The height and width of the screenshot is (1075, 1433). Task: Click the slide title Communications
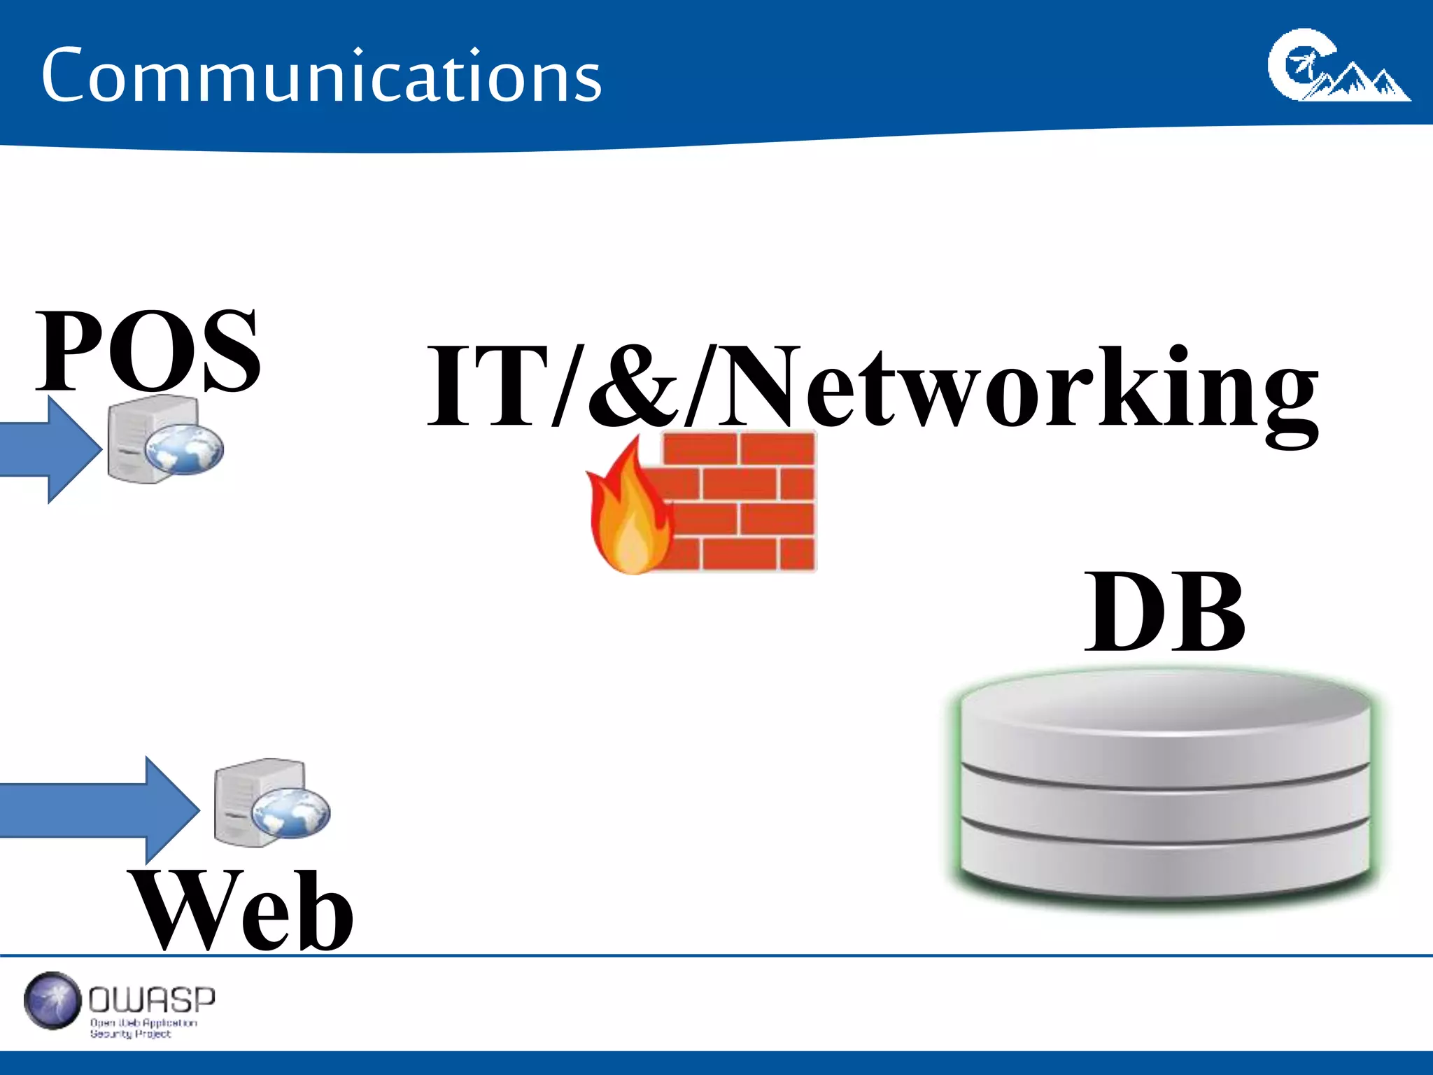point(321,76)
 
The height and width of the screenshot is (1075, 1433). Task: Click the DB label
point(1165,611)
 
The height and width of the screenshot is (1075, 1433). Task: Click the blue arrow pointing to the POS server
point(49,450)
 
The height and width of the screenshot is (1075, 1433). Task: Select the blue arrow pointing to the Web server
point(98,810)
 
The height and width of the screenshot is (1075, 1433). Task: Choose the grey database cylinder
point(1165,787)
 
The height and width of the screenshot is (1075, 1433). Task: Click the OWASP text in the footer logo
point(152,999)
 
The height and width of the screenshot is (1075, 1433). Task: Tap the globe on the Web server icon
point(291,812)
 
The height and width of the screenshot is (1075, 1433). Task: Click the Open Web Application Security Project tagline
point(143,1028)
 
